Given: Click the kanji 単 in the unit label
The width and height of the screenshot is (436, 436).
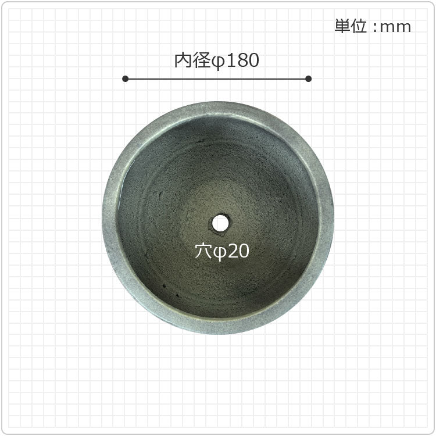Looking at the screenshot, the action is tap(342, 26).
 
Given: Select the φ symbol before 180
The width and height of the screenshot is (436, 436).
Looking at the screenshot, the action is tap(218, 62).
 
